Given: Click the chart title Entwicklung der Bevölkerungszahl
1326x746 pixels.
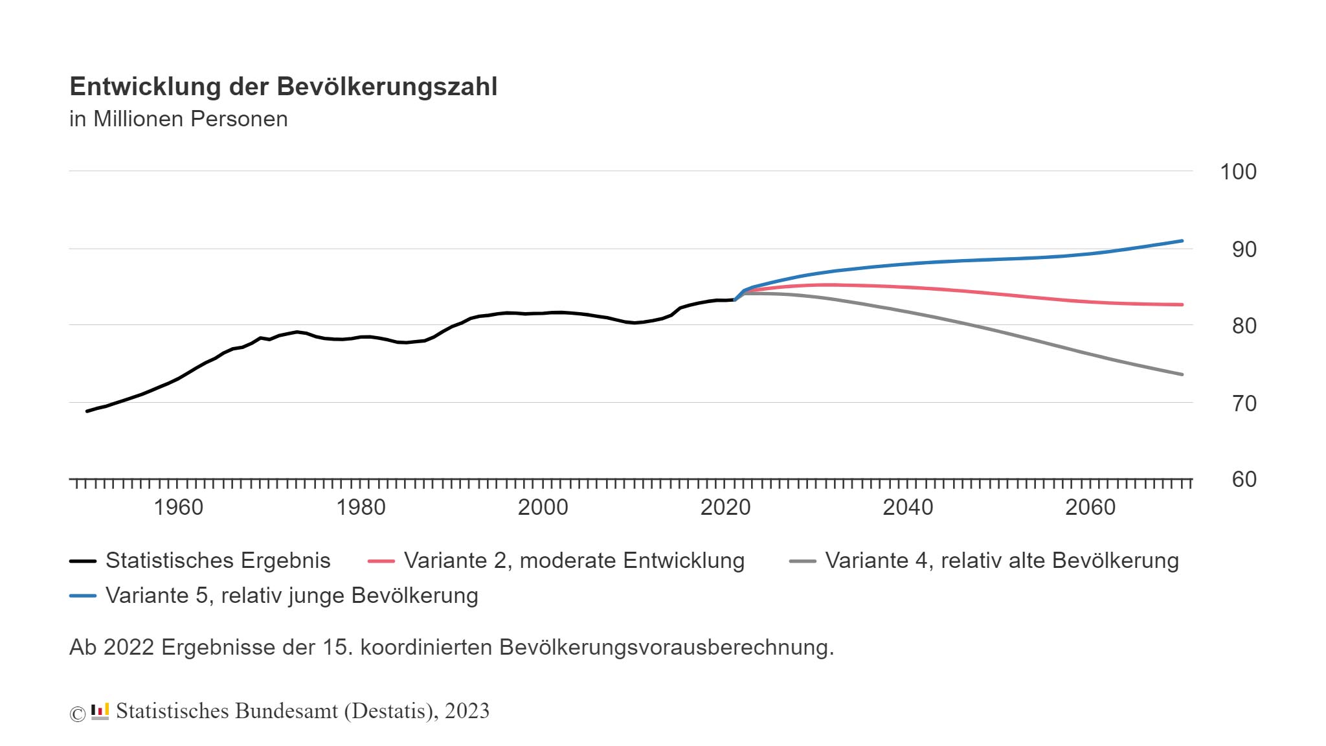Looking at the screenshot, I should click(x=283, y=87).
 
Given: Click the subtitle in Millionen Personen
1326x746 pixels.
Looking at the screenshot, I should click(x=178, y=119).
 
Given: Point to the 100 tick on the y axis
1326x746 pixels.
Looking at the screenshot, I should click(x=1237, y=172).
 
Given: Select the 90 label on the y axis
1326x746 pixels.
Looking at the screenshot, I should click(x=1243, y=250).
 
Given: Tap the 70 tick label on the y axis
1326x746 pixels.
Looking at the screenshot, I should click(x=1243, y=404).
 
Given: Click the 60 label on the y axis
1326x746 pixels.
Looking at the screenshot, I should click(x=1243, y=480).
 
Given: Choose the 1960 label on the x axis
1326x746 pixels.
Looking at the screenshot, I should click(x=178, y=508).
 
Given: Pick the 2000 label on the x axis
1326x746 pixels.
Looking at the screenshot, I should click(x=543, y=508).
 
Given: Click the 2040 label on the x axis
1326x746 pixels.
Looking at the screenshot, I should click(x=908, y=508).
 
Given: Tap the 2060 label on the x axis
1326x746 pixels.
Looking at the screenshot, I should click(x=1090, y=508).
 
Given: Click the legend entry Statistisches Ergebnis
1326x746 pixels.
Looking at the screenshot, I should click(x=218, y=561).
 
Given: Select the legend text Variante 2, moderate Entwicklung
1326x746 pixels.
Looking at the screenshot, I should click(x=574, y=561).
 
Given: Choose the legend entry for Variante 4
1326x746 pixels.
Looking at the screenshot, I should click(x=1001, y=561).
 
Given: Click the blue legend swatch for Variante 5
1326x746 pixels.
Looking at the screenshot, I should click(x=83, y=596).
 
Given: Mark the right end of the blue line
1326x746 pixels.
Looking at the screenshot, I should click(x=1182, y=241).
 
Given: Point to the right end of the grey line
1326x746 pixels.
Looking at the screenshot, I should click(x=1182, y=374).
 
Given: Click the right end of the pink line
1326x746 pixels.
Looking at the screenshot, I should click(x=1182, y=304).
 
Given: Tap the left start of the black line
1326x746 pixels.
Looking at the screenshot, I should click(x=87, y=411).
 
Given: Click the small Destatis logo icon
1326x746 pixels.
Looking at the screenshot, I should click(x=100, y=711).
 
